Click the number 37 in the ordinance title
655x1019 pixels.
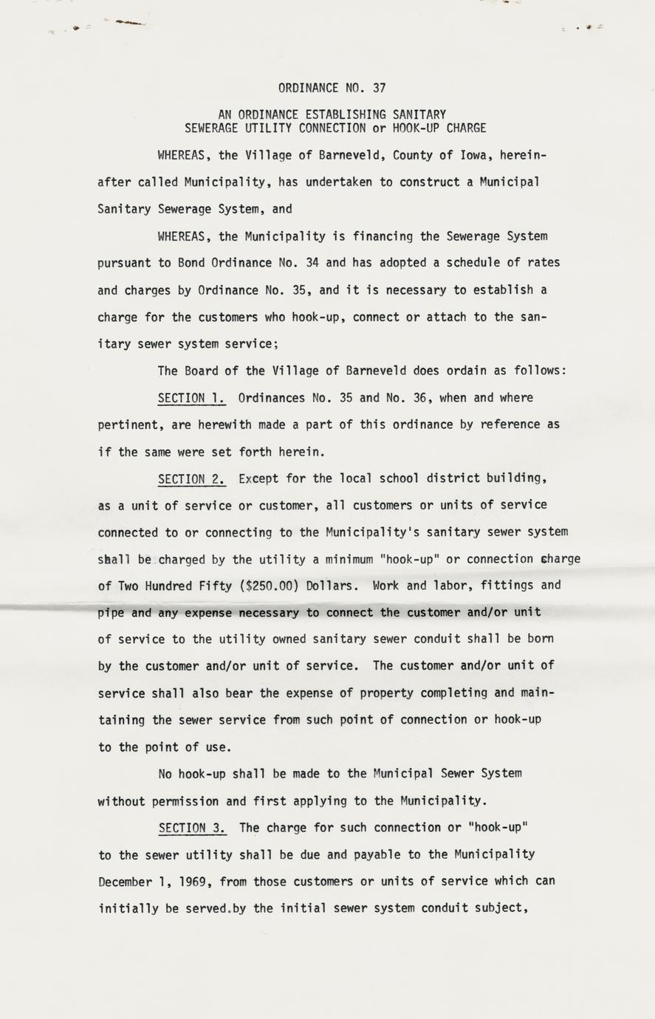(379, 87)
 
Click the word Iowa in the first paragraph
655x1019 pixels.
(476, 155)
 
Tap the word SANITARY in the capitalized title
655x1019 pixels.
(419, 114)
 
